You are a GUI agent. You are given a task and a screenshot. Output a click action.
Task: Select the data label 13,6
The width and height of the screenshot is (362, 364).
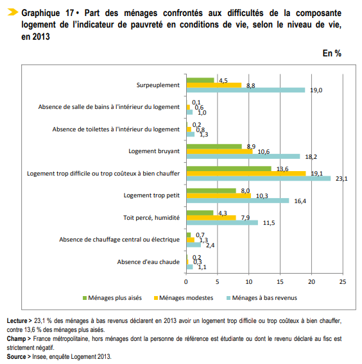click(280, 169)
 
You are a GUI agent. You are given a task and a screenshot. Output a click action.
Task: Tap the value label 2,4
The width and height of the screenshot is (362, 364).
click(210, 245)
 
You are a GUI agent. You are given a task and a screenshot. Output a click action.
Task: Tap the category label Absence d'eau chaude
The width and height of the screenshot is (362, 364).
click(148, 261)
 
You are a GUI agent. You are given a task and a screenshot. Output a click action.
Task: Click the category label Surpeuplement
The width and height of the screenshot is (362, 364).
click(158, 85)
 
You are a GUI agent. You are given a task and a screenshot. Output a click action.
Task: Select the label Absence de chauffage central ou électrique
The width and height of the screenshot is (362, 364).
click(119, 240)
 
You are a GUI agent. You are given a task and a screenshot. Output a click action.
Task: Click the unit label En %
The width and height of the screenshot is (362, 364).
click(332, 53)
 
